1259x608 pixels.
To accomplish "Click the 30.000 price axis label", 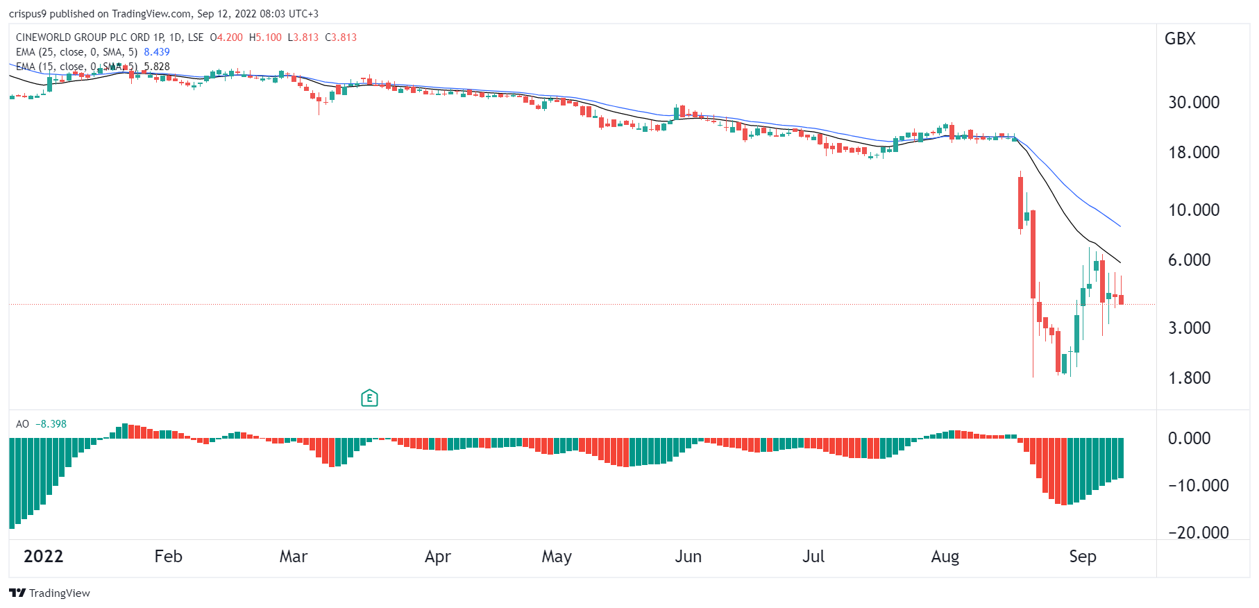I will pyautogui.click(x=1193, y=103).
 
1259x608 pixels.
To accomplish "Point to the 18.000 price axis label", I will pyautogui.click(x=1193, y=153).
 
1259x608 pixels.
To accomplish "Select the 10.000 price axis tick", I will pyautogui.click(x=1193, y=210).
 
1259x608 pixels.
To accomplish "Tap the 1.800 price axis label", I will pyautogui.click(x=1189, y=378).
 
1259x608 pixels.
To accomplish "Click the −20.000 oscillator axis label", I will pyautogui.click(x=1198, y=533).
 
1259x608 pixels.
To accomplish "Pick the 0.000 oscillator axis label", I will pyautogui.click(x=1189, y=439).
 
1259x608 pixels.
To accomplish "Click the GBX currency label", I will pyautogui.click(x=1180, y=39).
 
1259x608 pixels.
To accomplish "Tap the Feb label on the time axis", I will pyautogui.click(x=168, y=557).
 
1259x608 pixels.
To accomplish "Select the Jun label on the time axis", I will pyautogui.click(x=688, y=557).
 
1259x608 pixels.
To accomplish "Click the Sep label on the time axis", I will pyautogui.click(x=1082, y=557).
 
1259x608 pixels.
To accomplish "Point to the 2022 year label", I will pyautogui.click(x=43, y=557).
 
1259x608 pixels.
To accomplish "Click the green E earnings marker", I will pyautogui.click(x=369, y=398).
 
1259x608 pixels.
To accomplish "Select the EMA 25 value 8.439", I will pyautogui.click(x=157, y=52).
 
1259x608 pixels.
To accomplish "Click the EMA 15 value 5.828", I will pyautogui.click(x=157, y=67).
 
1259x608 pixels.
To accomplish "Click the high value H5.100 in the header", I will pyautogui.click(x=265, y=37).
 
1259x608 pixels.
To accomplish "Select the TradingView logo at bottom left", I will pyautogui.click(x=49, y=593).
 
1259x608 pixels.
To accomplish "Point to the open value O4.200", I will pyautogui.click(x=226, y=37).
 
